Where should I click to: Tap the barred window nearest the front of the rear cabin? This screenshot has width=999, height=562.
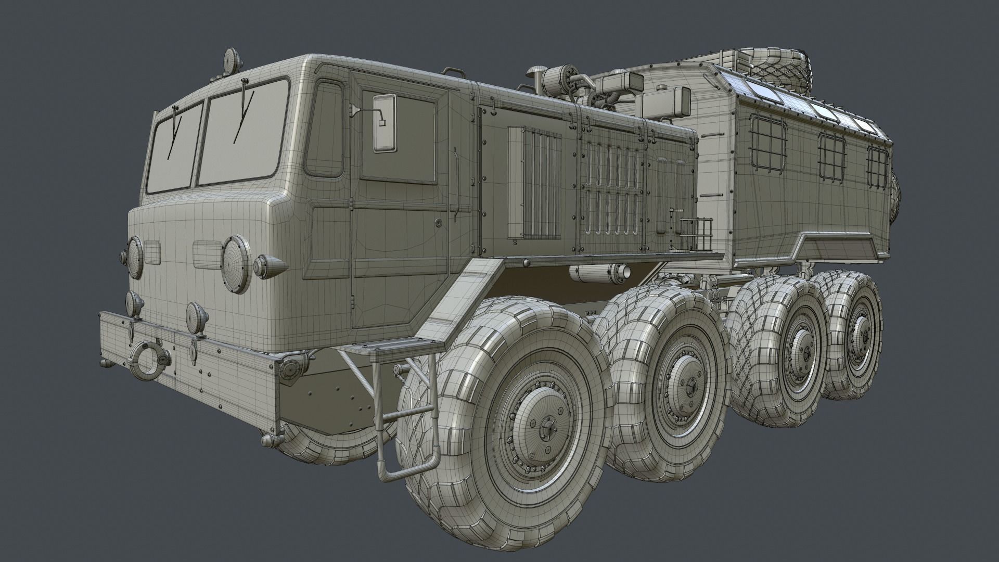[767, 142]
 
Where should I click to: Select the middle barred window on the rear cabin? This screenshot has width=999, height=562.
[831, 156]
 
